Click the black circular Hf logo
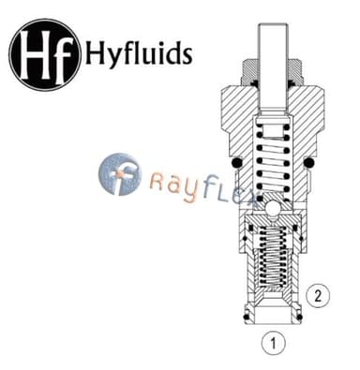tap(45, 55)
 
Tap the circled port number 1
tap(273, 343)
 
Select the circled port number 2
tap(318, 296)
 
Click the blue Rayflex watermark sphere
tap(120, 174)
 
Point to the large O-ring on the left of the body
tap(237, 162)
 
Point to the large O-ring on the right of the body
tap(308, 162)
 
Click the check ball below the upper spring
tap(273, 208)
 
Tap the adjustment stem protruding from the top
tap(273, 67)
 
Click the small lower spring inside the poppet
tap(273, 257)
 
